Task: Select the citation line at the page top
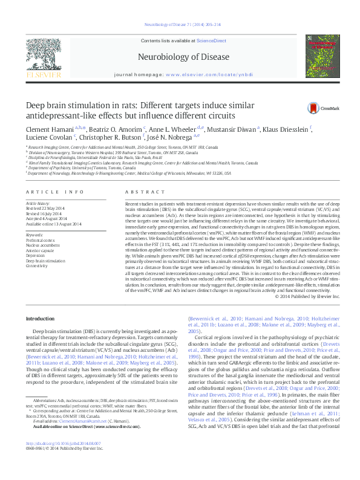click(x=180, y=24)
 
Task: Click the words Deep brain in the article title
click(x=46, y=105)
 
